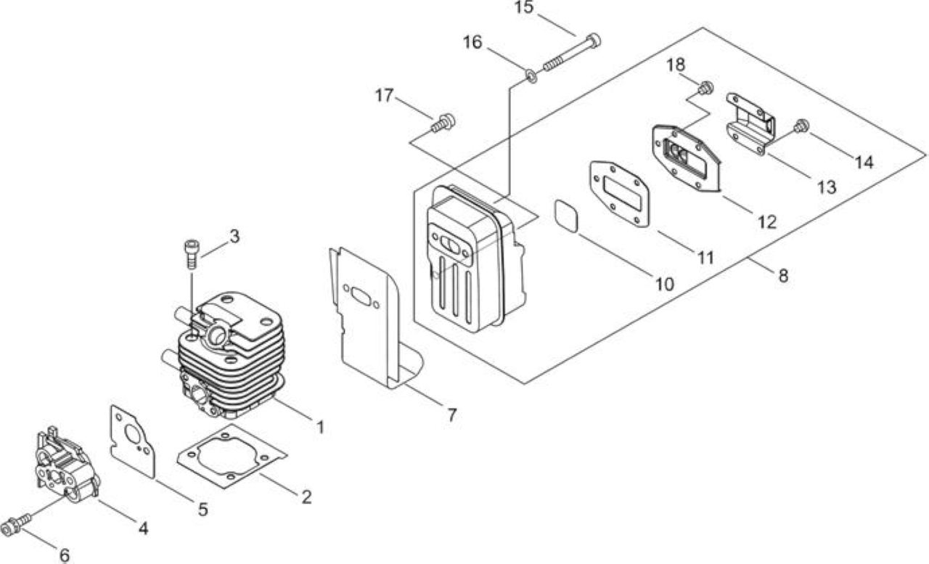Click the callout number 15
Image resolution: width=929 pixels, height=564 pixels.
(x=524, y=7)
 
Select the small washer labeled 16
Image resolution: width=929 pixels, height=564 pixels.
(x=531, y=76)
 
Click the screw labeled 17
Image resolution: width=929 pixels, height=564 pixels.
(x=443, y=123)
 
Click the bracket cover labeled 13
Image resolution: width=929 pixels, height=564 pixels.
(x=750, y=123)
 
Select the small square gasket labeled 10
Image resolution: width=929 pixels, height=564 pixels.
(x=566, y=216)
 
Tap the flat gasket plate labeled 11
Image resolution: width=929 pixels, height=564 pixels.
(x=620, y=194)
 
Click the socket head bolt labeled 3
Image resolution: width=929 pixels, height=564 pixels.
(x=191, y=254)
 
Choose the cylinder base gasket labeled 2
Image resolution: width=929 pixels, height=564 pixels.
(x=232, y=456)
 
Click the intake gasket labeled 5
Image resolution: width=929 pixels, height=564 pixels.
(x=132, y=441)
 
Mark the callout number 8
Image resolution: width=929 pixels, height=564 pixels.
(x=783, y=276)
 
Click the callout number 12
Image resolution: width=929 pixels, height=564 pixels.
(x=767, y=222)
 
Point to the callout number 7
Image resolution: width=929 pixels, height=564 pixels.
(x=451, y=414)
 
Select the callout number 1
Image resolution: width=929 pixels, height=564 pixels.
(x=320, y=427)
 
